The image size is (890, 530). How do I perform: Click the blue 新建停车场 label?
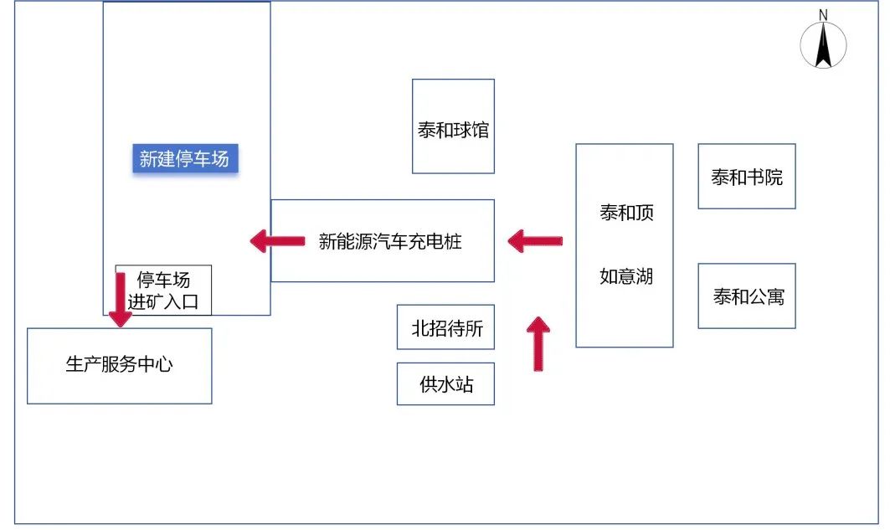pyautogui.click(x=184, y=158)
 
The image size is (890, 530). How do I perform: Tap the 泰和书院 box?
pyautogui.click(x=747, y=177)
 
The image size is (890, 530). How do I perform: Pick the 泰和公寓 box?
pyautogui.click(x=747, y=296)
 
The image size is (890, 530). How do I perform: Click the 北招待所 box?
pyautogui.click(x=445, y=327)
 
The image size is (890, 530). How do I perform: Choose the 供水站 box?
pyautogui.click(x=445, y=384)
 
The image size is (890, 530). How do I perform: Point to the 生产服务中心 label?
pyautogui.click(x=119, y=365)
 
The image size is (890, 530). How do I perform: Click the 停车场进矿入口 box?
pyautogui.click(x=163, y=291)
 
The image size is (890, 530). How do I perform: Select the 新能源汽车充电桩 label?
pyautogui.click(x=390, y=242)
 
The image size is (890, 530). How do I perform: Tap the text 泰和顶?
pyautogui.click(x=626, y=213)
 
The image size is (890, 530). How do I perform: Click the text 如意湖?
pyautogui.click(x=626, y=276)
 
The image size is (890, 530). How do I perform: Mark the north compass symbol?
pyautogui.click(x=823, y=45)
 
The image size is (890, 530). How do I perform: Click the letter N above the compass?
pyautogui.click(x=823, y=15)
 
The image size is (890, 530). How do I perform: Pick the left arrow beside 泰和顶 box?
pyautogui.click(x=535, y=242)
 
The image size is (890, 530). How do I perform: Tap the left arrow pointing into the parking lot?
pyautogui.click(x=278, y=242)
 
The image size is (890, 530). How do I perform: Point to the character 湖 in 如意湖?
pyautogui.click(x=644, y=276)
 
